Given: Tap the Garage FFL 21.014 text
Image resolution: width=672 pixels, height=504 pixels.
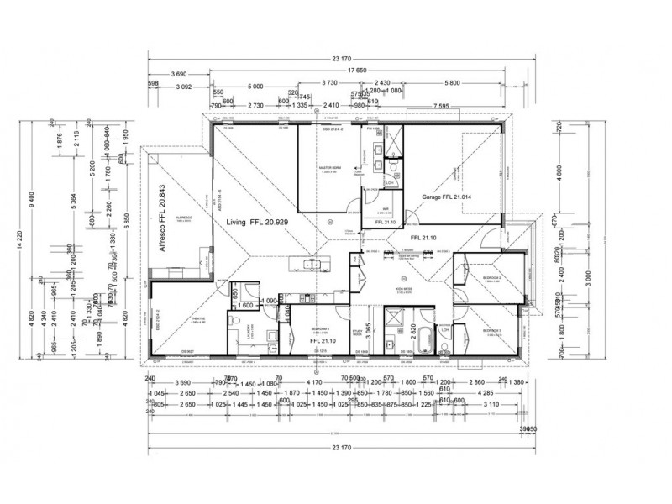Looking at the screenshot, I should pyautogui.click(x=449, y=199).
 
